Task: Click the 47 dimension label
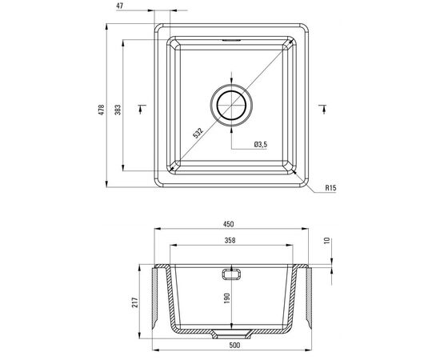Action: tap(120, 6)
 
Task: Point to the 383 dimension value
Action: tap(118, 110)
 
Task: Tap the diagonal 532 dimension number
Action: tap(198, 134)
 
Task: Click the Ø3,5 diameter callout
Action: tap(261, 145)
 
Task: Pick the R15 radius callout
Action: tap(330, 188)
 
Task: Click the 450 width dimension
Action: tap(229, 224)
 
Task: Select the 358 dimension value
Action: tap(230, 241)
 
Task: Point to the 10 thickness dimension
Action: tap(327, 241)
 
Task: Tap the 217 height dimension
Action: tap(135, 302)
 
